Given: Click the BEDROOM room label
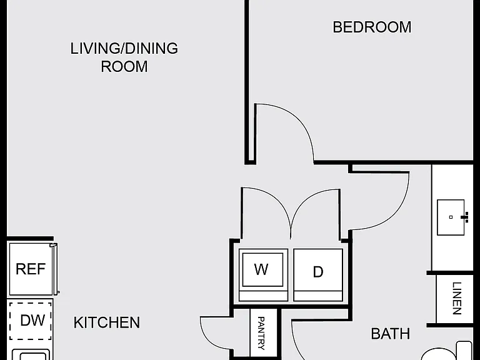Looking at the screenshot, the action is tap(372, 27).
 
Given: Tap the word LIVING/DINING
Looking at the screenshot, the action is tap(124, 48).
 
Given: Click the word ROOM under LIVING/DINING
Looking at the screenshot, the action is tap(124, 66).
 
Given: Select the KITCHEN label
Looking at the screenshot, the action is tap(106, 322).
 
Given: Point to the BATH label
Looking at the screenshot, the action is tap(390, 334).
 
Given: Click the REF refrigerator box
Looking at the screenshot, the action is tap(31, 269).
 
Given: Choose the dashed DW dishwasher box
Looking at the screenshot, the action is tap(30, 321).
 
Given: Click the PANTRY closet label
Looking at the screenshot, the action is tap(261, 333).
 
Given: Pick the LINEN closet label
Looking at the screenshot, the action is tap(456, 298).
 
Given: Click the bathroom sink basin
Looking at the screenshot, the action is tap(451, 217).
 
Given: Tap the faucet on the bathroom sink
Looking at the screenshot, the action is tap(465, 217).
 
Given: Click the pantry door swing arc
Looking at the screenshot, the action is tap(207, 337).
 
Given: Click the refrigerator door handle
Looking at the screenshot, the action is tap(55, 269).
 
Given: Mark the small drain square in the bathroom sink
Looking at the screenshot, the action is tap(451, 217).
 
